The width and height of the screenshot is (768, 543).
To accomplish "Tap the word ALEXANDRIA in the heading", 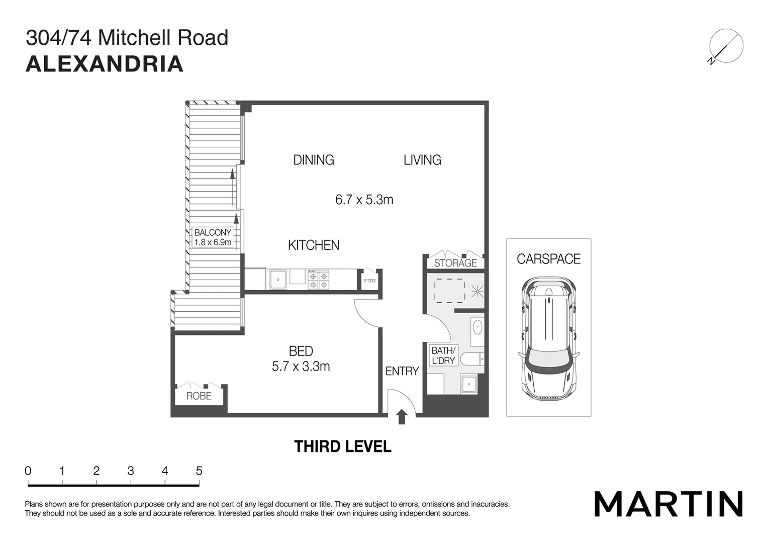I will point(105,64).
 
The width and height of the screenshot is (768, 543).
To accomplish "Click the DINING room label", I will point(314,160).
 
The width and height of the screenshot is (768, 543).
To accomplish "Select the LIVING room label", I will point(422,160).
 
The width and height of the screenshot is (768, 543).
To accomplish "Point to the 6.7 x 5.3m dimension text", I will point(364,200).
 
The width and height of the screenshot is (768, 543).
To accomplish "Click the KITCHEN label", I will point(314,245).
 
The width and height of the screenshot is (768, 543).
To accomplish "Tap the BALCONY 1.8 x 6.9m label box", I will point(213,237).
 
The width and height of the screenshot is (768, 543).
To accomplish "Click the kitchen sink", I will point(278,280).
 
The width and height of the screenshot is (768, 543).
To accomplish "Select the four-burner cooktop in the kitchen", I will point(318,280).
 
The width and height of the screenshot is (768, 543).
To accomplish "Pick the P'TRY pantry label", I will point(369,281).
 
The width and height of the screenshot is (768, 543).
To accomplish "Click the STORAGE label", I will point(455,263).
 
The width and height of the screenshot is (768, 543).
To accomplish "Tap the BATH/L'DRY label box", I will point(443,355).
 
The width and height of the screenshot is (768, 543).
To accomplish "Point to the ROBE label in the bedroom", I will point(199,396).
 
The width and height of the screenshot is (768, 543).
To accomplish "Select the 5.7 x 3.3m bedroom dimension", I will point(301,367).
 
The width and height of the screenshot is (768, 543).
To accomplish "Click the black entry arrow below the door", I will point(402,417).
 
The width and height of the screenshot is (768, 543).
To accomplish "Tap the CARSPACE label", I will point(548,259).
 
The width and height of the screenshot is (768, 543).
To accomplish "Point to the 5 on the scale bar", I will point(199,471).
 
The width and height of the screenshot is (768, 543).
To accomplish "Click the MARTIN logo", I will point(668,504).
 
